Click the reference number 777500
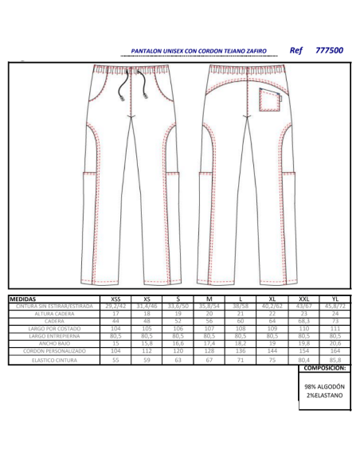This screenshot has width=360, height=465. tap(329, 50)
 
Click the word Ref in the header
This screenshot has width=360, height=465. tap(297, 50)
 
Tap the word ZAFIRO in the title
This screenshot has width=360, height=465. tap(255, 50)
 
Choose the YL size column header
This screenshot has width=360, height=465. tap(335, 299)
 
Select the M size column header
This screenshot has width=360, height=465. tap(209, 299)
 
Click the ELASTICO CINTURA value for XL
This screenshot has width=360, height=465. tap(272, 360)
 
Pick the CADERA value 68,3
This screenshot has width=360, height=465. tap(303, 322)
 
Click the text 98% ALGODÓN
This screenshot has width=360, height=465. tap(325, 386)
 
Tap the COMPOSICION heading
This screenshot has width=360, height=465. tap(325, 369)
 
